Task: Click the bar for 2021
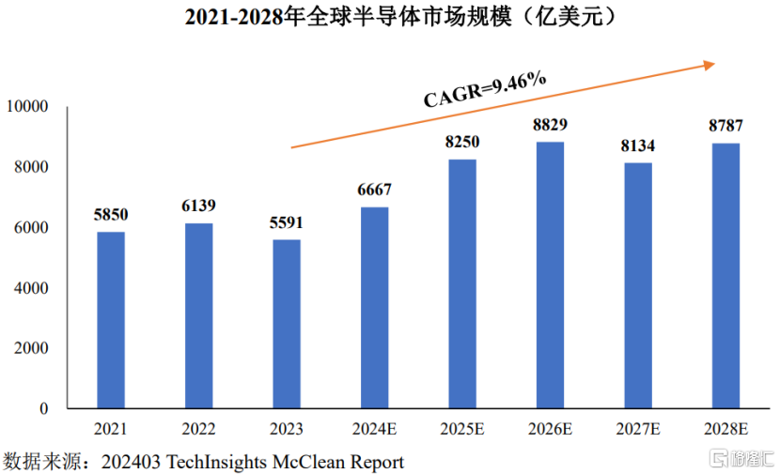(111, 319)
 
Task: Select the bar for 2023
(287, 324)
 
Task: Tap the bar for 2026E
(550, 275)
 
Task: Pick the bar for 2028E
(725, 276)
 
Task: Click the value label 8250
(461, 142)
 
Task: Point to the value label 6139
(198, 206)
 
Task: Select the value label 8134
(638, 145)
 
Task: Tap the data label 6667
(374, 190)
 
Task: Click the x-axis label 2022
(198, 430)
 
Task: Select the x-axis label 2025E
(461, 430)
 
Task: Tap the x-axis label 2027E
(637, 430)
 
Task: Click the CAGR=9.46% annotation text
(485, 89)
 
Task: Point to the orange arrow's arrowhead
(709, 65)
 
